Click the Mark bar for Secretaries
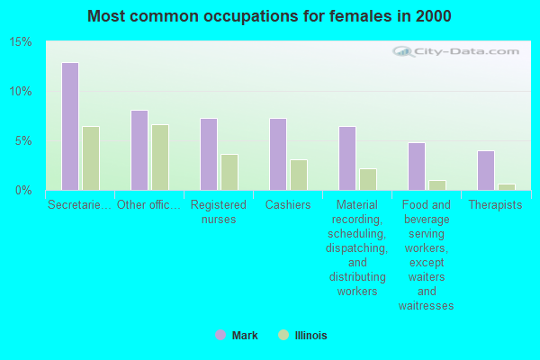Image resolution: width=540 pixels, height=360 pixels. tap(70, 126)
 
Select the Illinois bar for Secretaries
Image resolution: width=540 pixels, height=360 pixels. tap(91, 158)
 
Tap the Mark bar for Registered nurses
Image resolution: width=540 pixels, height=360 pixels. tap(209, 154)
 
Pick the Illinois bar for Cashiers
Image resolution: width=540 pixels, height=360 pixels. tap(299, 175)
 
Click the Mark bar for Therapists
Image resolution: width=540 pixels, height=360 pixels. tap(486, 170)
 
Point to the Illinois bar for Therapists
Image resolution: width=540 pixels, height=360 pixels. tap(507, 187)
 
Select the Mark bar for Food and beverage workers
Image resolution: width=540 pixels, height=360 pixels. tap(417, 166)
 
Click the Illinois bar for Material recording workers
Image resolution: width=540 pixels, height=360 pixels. tap(368, 179)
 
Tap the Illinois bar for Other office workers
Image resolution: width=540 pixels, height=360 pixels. tap(160, 157)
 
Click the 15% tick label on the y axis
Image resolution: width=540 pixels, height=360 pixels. tap(21, 42)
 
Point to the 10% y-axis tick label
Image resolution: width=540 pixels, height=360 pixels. tap(21, 92)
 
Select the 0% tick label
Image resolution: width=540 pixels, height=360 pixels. tap(23, 191)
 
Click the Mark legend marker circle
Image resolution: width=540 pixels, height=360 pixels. tap(220, 335)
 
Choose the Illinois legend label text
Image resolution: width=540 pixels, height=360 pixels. tap(311, 335)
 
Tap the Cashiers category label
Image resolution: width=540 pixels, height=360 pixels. tap(288, 204)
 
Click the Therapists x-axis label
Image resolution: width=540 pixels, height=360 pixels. tap(496, 204)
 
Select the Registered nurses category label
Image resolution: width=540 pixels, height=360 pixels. tap(219, 211)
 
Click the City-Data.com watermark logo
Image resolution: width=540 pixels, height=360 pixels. tap(456, 51)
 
